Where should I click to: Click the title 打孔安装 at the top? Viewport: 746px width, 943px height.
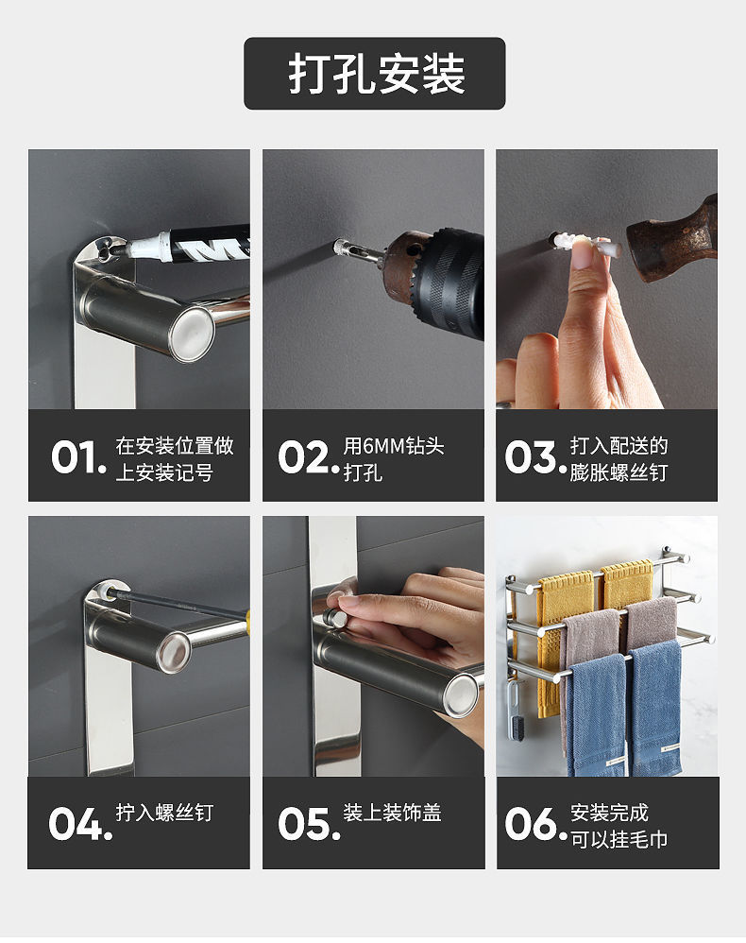click(375, 74)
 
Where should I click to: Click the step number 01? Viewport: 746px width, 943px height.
click(78, 457)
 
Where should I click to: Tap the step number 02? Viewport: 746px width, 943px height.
click(307, 457)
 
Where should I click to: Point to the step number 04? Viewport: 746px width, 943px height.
click(80, 824)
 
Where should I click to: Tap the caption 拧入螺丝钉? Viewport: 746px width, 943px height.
click(164, 813)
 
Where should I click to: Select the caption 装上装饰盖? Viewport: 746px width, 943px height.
click(392, 813)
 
